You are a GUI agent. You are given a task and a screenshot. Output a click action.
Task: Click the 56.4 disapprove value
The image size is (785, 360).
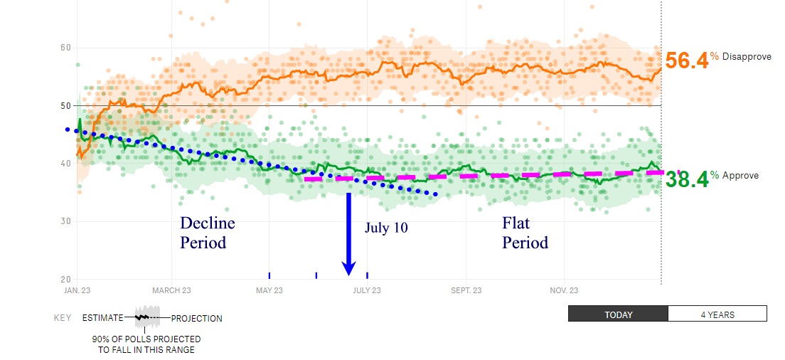687,60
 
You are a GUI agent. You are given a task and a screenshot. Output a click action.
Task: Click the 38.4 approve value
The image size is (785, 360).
687,180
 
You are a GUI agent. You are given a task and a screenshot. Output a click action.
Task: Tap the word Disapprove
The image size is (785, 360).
747,56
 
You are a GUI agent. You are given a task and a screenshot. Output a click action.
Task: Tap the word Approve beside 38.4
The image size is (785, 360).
740,176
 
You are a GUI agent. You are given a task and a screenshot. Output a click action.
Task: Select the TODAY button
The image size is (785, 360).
618,314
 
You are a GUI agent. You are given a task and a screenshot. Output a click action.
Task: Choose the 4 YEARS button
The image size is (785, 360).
717,314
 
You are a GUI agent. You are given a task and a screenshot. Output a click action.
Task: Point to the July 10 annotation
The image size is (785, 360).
386,228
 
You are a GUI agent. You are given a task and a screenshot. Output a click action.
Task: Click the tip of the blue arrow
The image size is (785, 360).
348,274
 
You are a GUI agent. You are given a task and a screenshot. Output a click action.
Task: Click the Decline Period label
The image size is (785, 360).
208,233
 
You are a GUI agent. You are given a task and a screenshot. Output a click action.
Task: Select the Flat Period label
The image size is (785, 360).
525,233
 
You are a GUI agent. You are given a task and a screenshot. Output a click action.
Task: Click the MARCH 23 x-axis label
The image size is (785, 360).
171,290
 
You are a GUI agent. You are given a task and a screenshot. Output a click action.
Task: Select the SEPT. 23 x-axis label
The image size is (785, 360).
466,290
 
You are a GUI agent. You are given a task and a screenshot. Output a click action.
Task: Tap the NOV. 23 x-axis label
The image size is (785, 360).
563,290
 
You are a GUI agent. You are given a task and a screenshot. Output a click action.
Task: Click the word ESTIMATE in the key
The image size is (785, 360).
102,319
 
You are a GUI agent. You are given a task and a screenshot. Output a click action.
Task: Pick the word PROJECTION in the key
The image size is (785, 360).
196,319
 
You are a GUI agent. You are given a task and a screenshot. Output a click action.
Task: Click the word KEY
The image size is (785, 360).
63,319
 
